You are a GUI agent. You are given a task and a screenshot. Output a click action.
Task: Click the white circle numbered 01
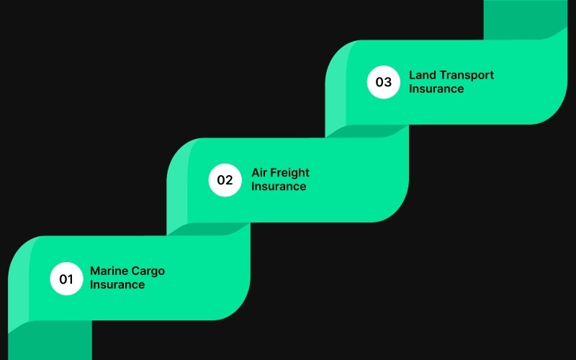66,279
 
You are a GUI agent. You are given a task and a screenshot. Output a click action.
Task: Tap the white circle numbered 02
225,180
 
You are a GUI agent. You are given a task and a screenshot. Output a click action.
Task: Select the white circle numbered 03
383,82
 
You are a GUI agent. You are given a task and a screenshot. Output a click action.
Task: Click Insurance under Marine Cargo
117,284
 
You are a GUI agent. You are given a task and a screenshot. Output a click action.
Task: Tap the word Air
260,173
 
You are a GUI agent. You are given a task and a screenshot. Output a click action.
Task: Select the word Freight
291,173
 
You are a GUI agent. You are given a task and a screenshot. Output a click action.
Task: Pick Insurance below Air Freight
279,186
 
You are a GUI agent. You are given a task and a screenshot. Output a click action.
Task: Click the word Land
422,75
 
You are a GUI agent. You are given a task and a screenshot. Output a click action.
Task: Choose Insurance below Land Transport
436,89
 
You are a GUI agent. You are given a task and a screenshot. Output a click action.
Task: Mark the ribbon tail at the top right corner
526,18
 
